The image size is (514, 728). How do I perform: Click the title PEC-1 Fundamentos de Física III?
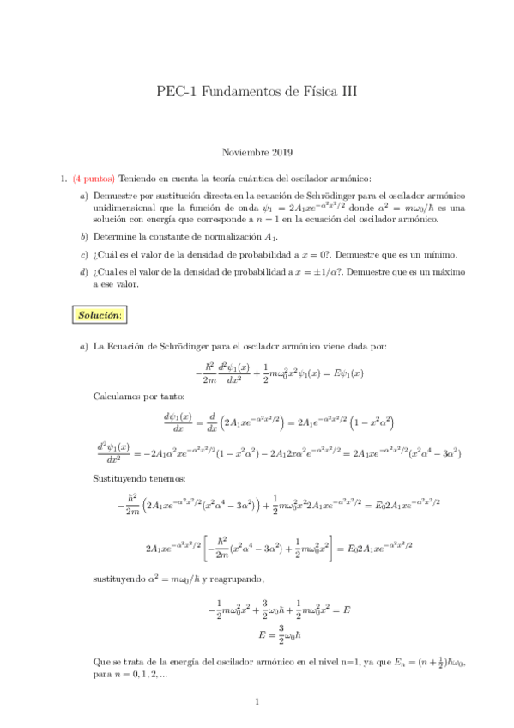[x=257, y=90]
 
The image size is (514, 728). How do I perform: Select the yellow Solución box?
[x=100, y=315]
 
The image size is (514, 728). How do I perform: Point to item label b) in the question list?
[x=83, y=236]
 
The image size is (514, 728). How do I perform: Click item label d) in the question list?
[x=83, y=272]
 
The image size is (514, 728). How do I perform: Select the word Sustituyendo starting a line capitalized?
[x=122, y=479]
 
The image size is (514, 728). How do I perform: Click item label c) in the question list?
[x=83, y=254]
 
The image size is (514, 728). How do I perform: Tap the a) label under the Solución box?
[x=83, y=346]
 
